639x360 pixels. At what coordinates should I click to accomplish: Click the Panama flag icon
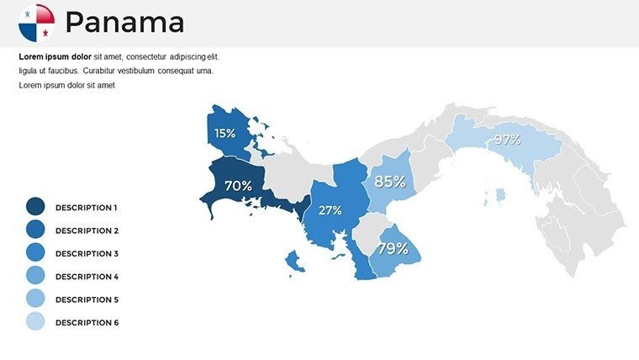[36, 23]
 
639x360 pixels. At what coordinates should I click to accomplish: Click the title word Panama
[124, 23]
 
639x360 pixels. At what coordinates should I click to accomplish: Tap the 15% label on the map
[224, 133]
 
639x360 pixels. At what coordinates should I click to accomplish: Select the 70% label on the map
[238, 185]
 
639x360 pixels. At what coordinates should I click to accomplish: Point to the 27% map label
[330, 210]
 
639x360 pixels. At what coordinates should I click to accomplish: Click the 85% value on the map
[390, 181]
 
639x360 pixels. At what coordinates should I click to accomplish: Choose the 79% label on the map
[393, 248]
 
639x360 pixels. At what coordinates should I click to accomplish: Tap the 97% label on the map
[507, 140]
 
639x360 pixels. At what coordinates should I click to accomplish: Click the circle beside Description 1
[35, 207]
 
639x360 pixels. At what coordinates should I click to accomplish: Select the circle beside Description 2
[35, 230]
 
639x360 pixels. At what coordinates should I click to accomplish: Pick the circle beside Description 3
[35, 253]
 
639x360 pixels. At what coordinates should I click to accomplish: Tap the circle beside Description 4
[35, 277]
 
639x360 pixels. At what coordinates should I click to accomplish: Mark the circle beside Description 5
[35, 299]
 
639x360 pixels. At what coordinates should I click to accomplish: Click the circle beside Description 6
[35, 322]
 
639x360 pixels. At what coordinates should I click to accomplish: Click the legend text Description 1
[87, 207]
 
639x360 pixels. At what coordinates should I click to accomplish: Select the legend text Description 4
[87, 277]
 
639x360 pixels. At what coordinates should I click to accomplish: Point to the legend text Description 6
[87, 323]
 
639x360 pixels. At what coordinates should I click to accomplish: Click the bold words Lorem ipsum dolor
[55, 56]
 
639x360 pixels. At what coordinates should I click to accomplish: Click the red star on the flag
[45, 32]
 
